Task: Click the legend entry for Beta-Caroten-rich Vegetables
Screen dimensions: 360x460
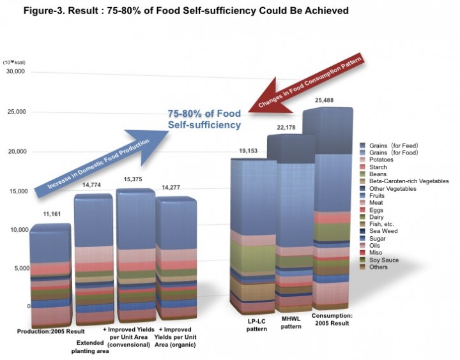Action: coord(407,181)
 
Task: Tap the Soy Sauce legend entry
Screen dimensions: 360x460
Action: coord(384,259)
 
